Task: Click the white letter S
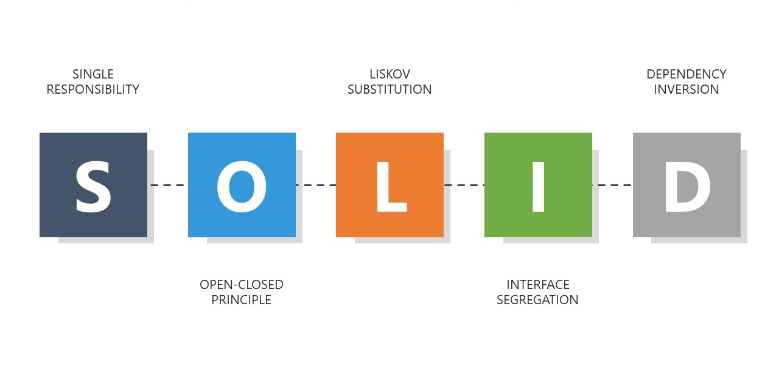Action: pos(93,186)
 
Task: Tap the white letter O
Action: pos(242,186)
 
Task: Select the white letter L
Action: pos(390,186)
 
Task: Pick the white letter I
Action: pos(538,186)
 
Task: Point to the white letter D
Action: pos(686,186)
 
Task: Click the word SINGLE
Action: pos(93,74)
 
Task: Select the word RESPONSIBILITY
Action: pos(93,89)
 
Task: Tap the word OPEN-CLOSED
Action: pos(242,285)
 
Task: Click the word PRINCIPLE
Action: pos(242,300)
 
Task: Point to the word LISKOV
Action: pos(390,74)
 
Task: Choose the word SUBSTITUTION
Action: pos(390,89)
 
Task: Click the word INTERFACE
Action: pos(538,285)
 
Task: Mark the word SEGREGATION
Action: pos(538,300)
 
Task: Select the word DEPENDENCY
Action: pos(686,74)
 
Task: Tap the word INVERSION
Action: pos(686,89)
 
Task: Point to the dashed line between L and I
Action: pos(464,185)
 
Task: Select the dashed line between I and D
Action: pos(612,185)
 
